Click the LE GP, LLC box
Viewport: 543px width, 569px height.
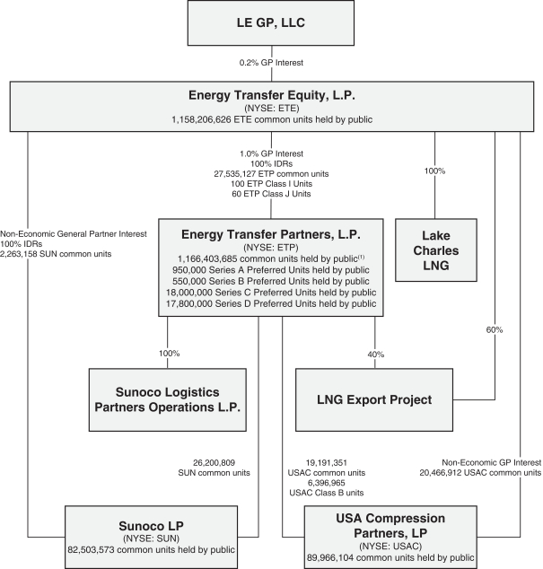271,23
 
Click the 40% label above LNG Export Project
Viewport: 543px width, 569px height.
376,354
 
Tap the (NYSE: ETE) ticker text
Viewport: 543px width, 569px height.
271,106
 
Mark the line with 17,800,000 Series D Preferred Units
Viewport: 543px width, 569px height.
271,303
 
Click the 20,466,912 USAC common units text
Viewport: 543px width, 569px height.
480,471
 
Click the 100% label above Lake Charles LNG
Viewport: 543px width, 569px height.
434,170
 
